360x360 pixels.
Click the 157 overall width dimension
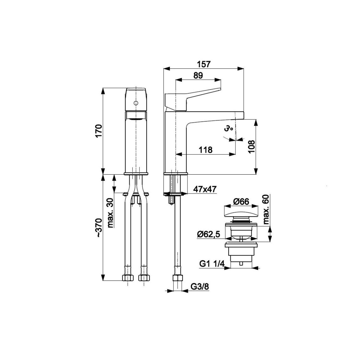click(204, 64)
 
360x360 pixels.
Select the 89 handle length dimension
click(198, 76)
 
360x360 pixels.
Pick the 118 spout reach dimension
click(205, 150)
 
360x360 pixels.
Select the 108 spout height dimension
click(252, 147)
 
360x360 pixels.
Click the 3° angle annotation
click(228, 129)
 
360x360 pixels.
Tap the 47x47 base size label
click(205, 189)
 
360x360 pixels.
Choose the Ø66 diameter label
click(241, 202)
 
